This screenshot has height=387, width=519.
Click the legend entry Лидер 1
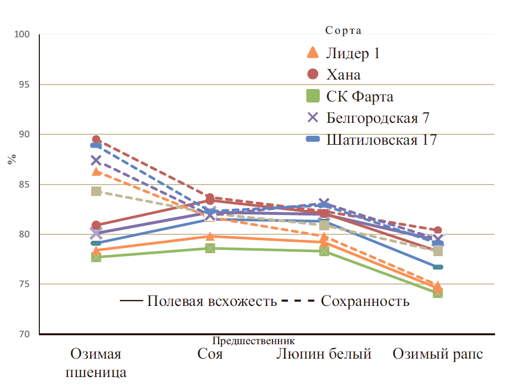coord(353,53)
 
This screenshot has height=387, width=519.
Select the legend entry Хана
coord(343,75)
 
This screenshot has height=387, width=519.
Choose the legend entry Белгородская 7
coord(378,118)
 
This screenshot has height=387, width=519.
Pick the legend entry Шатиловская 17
coord(382,140)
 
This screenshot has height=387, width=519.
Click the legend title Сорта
coord(343,30)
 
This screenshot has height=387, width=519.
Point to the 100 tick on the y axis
coord(23,34)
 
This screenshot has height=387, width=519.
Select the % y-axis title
coord(11,159)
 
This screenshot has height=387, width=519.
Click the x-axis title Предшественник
coord(254,341)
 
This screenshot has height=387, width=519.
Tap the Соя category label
coord(210,354)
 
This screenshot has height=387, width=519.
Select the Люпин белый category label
coord(324,354)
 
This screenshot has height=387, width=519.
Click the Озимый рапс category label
coord(438,354)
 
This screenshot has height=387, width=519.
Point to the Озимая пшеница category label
coord(96,363)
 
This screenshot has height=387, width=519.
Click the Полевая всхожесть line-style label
coord(212,301)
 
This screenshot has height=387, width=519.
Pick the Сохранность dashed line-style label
coord(365,301)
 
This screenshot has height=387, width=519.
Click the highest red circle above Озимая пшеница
coord(96,140)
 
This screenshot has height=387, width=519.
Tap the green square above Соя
coord(210,248)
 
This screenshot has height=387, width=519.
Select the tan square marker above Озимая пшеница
coord(96,192)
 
